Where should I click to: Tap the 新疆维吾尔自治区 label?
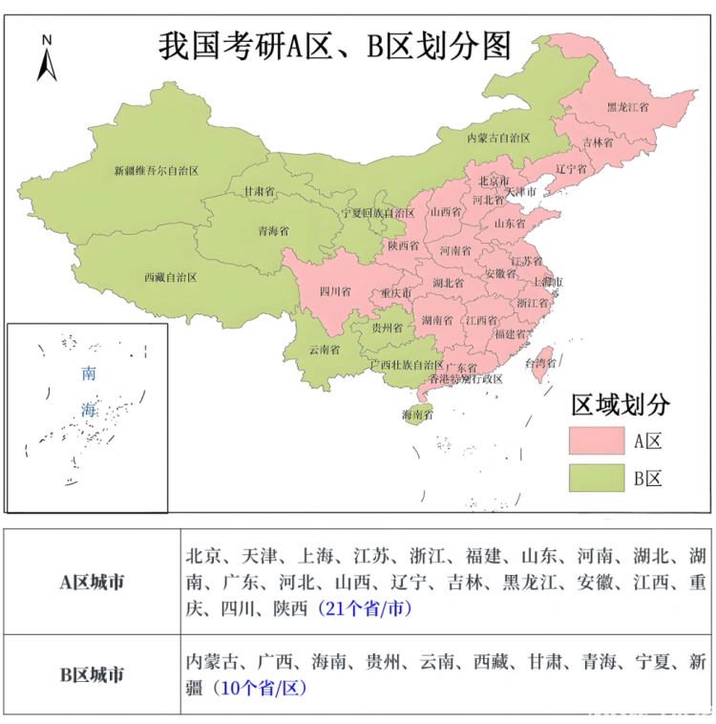click(x=156, y=171)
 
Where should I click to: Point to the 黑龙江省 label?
click(x=627, y=108)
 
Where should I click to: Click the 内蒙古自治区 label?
click(x=497, y=138)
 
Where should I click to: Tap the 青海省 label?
click(x=273, y=231)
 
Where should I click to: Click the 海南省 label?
click(x=417, y=415)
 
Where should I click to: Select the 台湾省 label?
click(x=541, y=363)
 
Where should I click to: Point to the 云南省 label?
click(x=325, y=350)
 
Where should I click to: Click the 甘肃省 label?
click(x=259, y=191)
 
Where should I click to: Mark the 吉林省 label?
click(x=597, y=142)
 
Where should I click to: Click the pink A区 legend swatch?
click(x=596, y=440)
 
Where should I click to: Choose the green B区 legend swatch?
click(x=596, y=478)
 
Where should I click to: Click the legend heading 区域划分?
click(x=621, y=404)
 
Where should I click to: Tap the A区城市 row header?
click(x=92, y=581)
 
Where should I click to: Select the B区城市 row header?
click(x=92, y=674)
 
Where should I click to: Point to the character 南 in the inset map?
click(x=89, y=373)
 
